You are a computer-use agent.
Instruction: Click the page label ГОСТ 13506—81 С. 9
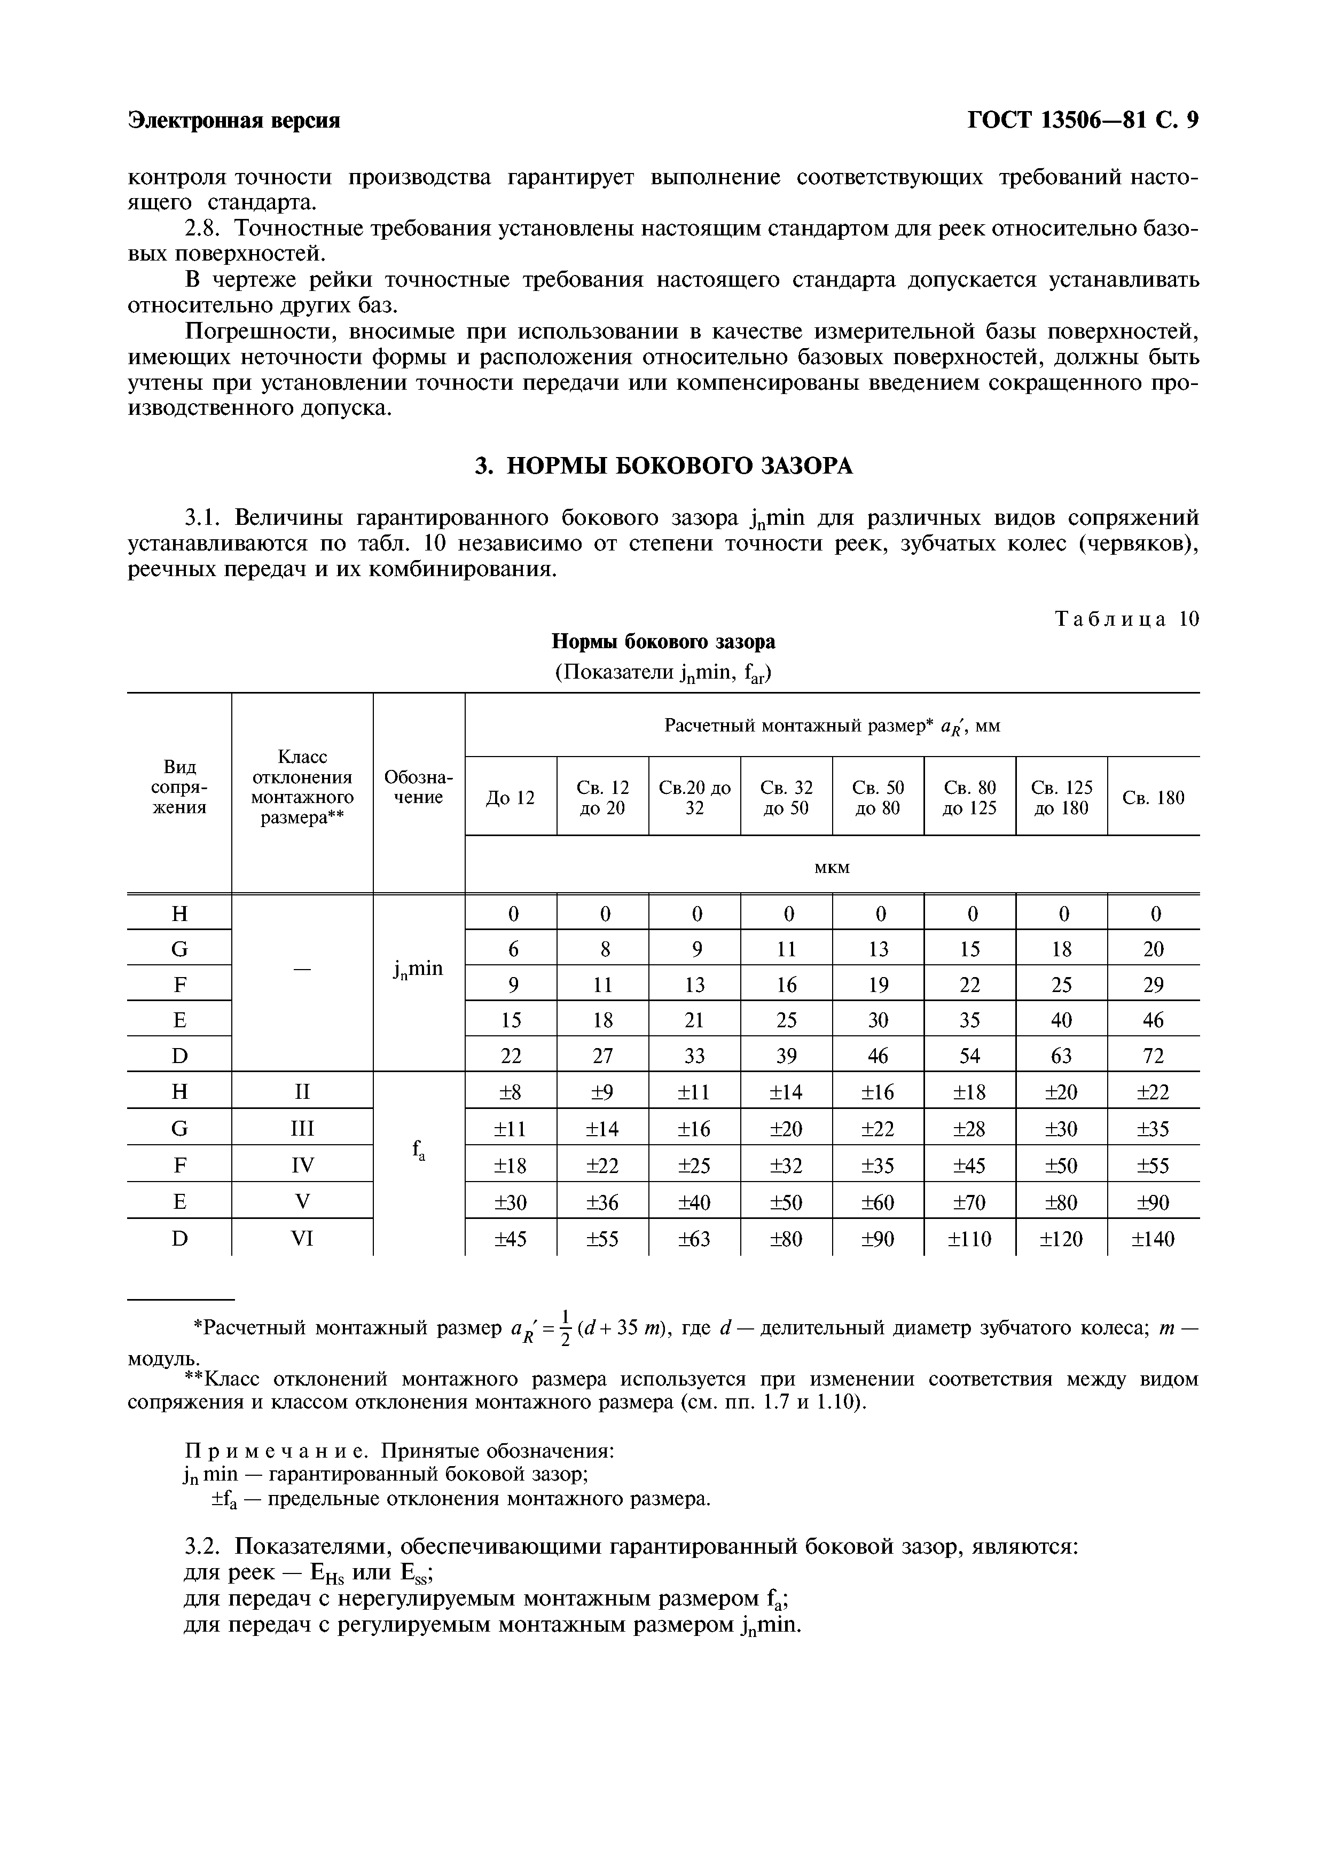pyautogui.click(x=1083, y=121)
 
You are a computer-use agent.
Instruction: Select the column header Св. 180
pyautogui.click(x=1153, y=798)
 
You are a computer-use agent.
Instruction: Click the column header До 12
pyautogui.click(x=510, y=798)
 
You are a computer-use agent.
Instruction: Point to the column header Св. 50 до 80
pyautogui.click(x=878, y=798)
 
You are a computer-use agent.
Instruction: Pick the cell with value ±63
pyautogui.click(x=694, y=1239)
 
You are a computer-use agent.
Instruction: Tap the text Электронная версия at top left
pyautogui.click(x=234, y=121)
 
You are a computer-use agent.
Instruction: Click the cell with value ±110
pyautogui.click(x=969, y=1239)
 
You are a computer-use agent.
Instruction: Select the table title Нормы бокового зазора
pyautogui.click(x=663, y=642)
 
